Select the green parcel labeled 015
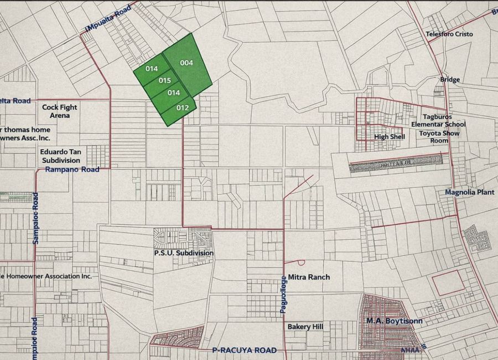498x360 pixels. (165, 81)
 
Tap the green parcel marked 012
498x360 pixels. (183, 108)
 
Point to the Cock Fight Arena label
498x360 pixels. (60, 111)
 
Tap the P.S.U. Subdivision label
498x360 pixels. (184, 253)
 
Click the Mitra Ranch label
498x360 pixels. (309, 277)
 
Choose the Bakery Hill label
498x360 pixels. (305, 327)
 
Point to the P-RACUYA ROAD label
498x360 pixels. (244, 351)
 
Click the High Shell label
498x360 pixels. (390, 137)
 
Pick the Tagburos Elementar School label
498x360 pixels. (438, 121)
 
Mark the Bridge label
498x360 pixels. (450, 80)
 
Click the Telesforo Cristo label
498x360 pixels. (449, 34)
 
